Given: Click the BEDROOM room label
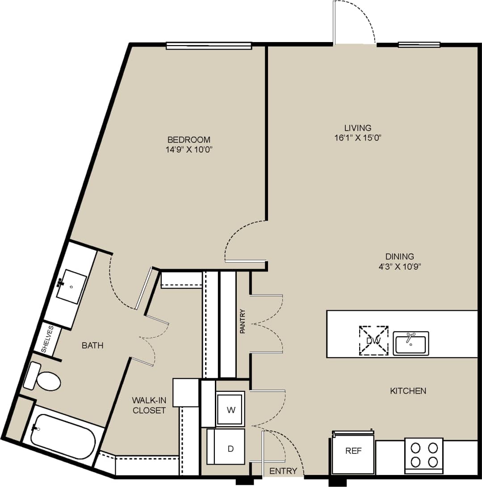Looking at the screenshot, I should [189, 140].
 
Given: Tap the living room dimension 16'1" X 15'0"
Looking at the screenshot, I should [358, 138].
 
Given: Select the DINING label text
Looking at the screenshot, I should [399, 257].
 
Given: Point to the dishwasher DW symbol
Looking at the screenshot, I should [373, 341].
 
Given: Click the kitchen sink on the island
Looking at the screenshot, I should [411, 343].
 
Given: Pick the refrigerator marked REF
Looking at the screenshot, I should [353, 452].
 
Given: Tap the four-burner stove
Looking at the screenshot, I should [423, 455].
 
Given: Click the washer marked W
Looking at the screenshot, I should [231, 409].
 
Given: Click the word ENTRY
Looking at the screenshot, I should [283, 471].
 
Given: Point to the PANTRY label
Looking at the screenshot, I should [243, 322].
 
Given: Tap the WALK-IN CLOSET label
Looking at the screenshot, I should [149, 405].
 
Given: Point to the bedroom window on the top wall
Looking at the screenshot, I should [209, 45].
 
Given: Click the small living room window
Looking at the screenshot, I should [419, 45].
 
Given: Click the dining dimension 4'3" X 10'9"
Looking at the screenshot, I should [399, 267].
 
